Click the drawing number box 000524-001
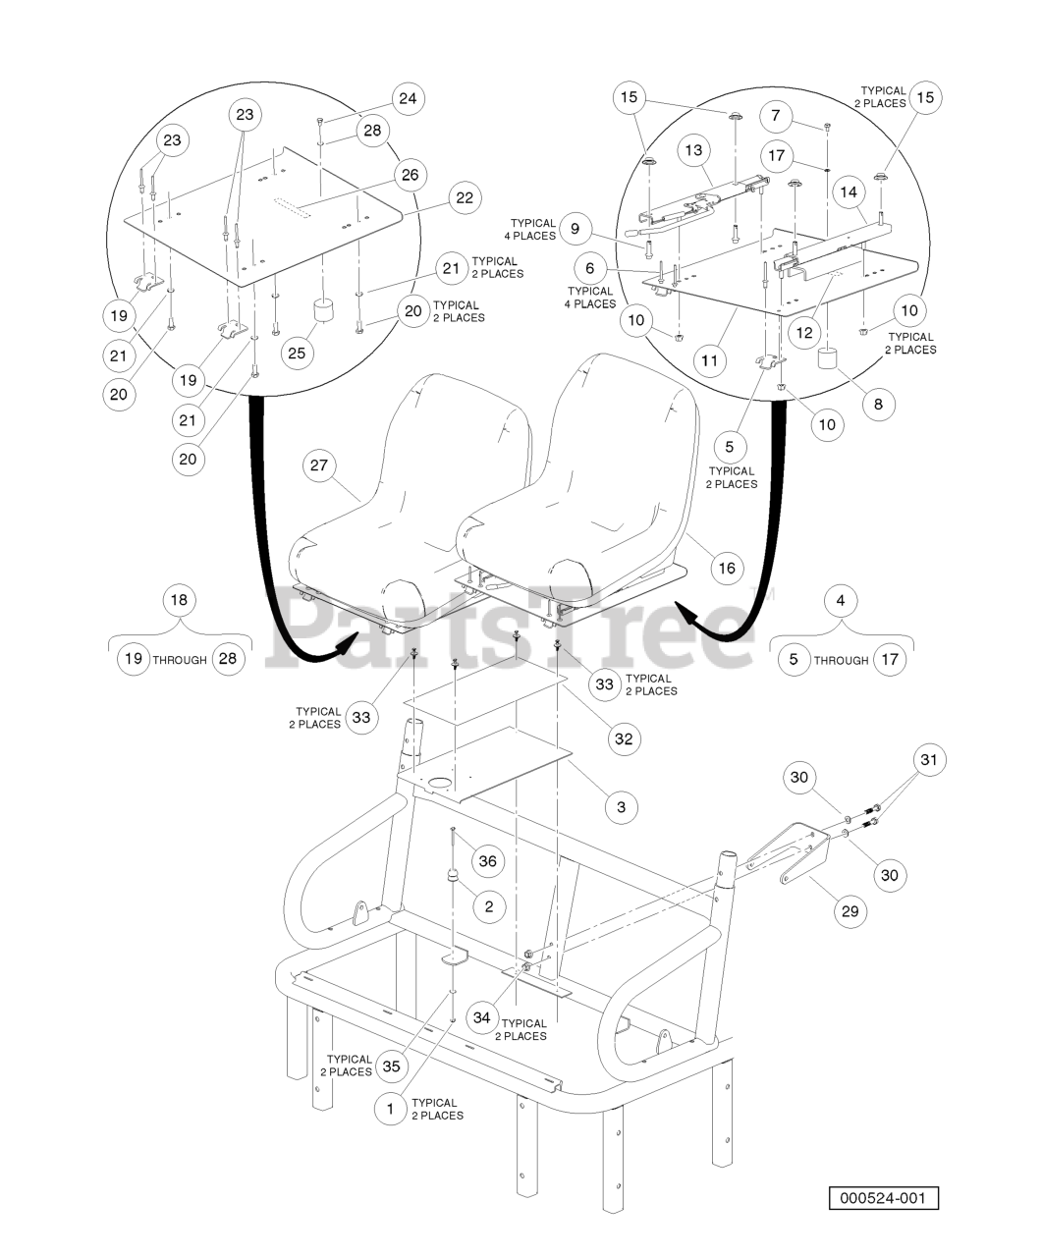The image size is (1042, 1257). pos(883,1197)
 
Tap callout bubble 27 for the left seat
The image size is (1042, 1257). pos(319,465)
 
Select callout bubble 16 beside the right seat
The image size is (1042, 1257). pos(727,568)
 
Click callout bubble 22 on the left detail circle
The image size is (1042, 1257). pos(465,198)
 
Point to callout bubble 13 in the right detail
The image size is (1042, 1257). pos(693,150)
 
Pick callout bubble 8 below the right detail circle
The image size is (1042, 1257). pos(878,404)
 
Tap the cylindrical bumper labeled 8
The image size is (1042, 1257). pos(828,358)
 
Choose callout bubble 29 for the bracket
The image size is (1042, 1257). pos(850,911)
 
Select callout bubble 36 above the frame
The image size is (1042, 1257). pos(487,861)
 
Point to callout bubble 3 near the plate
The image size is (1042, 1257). pos(622,806)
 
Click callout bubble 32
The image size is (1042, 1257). pos(624,738)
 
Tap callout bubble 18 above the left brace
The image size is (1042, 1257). pos(179,600)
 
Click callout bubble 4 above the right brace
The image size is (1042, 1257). pos(841,600)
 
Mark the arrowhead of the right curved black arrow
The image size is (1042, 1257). pos(687,614)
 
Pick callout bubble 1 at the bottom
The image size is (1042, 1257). pos(390,1108)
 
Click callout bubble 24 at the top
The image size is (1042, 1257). pos(409,98)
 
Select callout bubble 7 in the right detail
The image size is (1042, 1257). pos(775,116)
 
